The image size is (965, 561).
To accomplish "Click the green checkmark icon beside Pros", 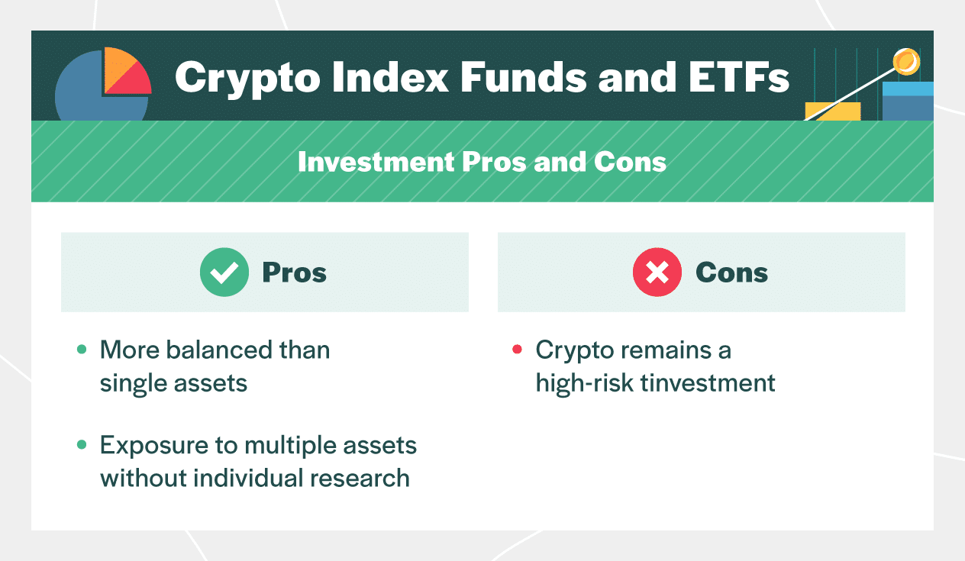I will click(x=224, y=272).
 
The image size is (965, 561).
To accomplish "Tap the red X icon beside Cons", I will click(x=657, y=272).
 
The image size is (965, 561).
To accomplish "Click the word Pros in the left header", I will click(x=294, y=272).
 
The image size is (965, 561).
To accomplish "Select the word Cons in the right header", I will click(x=731, y=272).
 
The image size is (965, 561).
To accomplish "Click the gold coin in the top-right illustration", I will click(x=907, y=61).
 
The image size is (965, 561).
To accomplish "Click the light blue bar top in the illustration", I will click(x=908, y=89).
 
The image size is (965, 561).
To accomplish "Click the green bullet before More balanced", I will click(x=82, y=350).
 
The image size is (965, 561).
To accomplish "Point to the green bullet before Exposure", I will click(x=82, y=445).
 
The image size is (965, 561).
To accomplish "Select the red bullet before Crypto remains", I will click(x=517, y=350).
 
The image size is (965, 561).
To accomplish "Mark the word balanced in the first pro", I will click(x=210, y=350).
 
